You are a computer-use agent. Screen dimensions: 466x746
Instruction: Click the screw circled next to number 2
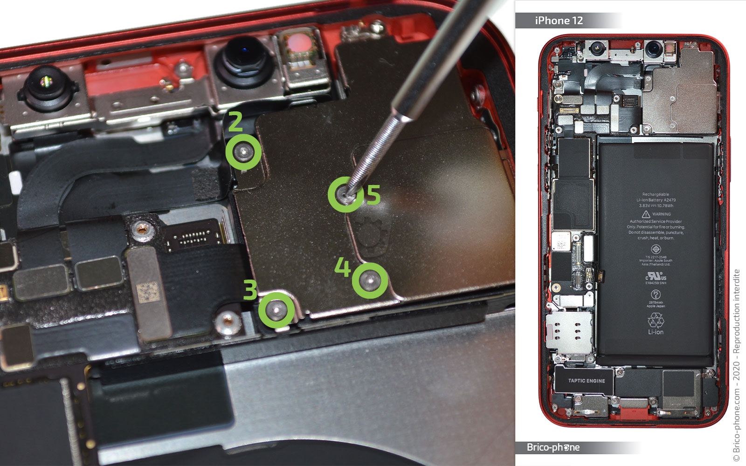[x=243, y=152]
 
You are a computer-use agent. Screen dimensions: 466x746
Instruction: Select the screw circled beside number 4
[x=370, y=280]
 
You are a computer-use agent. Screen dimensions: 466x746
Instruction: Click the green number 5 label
[x=373, y=195]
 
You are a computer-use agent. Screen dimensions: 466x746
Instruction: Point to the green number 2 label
[x=235, y=122]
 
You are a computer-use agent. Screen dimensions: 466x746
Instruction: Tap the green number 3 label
[x=250, y=290]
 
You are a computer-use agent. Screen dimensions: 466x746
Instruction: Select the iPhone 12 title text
[x=559, y=21]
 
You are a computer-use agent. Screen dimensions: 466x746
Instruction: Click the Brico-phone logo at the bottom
[x=553, y=447]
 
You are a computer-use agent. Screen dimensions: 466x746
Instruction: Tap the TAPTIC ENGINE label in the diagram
[x=587, y=381]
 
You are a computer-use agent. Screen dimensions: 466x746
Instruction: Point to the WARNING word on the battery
[x=661, y=214]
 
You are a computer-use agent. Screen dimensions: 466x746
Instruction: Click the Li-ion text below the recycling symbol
[x=656, y=332]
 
